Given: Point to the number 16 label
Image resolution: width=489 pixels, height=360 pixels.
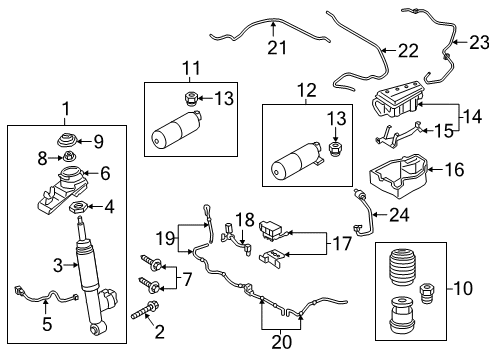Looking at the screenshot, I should coord(455,170).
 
